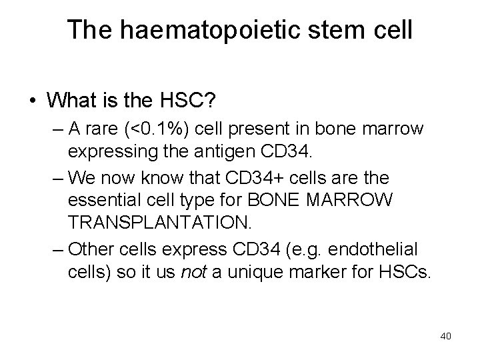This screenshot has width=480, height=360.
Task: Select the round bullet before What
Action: pos(31,101)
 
